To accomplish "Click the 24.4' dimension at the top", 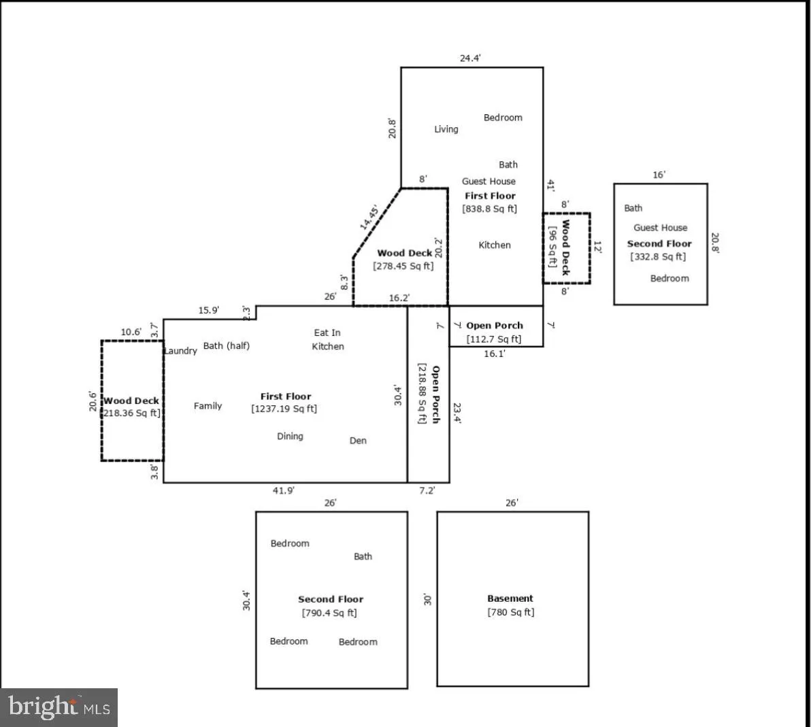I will [470, 58].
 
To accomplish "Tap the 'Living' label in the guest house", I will [446, 129].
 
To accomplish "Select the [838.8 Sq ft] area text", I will [489, 209].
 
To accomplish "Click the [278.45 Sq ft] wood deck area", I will [403, 266].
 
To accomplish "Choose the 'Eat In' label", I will [327, 333].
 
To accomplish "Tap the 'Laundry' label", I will [181, 351].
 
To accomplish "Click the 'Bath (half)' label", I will [226, 345].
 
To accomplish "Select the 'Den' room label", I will [358, 441].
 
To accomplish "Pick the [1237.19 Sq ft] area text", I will [284, 409].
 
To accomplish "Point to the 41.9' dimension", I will [283, 490].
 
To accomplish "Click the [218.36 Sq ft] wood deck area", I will [131, 413].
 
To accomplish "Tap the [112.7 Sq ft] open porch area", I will [494, 339].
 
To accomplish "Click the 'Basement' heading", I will [510, 598].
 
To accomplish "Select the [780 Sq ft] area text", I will [510, 612].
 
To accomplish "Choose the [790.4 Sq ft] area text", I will [329, 613].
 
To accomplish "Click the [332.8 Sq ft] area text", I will [658, 256].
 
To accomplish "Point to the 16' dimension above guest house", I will [659, 175].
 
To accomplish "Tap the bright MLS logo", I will [59, 707].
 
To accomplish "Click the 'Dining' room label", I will [290, 436].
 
